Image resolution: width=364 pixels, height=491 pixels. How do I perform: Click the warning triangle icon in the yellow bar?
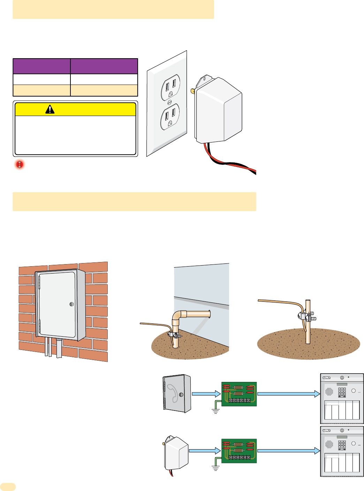tap(50, 109)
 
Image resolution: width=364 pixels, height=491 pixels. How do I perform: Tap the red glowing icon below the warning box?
tap(20, 164)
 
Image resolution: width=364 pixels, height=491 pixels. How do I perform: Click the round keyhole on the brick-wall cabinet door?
tap(71, 304)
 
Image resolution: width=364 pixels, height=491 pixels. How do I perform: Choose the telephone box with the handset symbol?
tap(177, 393)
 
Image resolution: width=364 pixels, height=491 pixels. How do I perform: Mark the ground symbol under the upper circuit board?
tap(215, 412)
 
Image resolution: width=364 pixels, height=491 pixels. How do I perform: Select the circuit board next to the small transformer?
tap(239, 451)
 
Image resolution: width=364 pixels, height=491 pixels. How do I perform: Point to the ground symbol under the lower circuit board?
tap(215, 468)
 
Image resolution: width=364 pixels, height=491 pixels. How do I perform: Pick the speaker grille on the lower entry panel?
tap(329, 444)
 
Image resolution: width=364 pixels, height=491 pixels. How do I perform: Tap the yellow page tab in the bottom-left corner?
tap(8, 486)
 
